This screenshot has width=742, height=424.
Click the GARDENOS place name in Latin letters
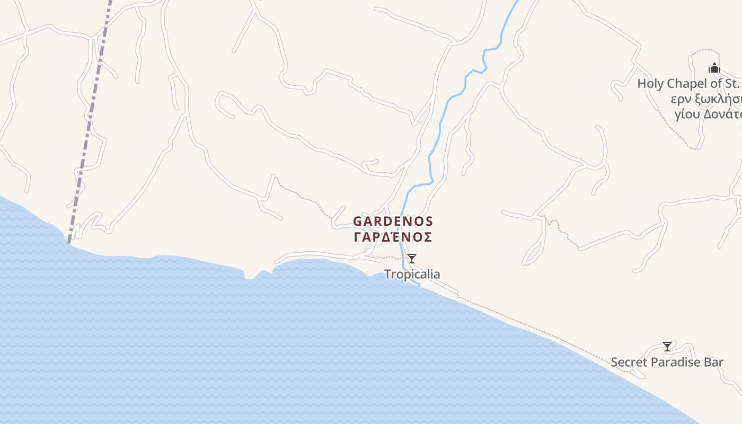tap(393, 221)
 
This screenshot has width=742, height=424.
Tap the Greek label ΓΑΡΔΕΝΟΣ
tap(393, 237)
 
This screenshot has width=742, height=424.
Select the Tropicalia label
tap(412, 274)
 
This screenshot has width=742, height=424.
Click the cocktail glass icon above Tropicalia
tap(412, 259)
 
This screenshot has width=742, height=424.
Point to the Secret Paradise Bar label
tap(667, 363)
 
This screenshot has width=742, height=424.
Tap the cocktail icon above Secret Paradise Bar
tap(667, 347)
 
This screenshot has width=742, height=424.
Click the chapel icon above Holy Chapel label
tap(714, 68)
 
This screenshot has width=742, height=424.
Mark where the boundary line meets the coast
tap(68, 242)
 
